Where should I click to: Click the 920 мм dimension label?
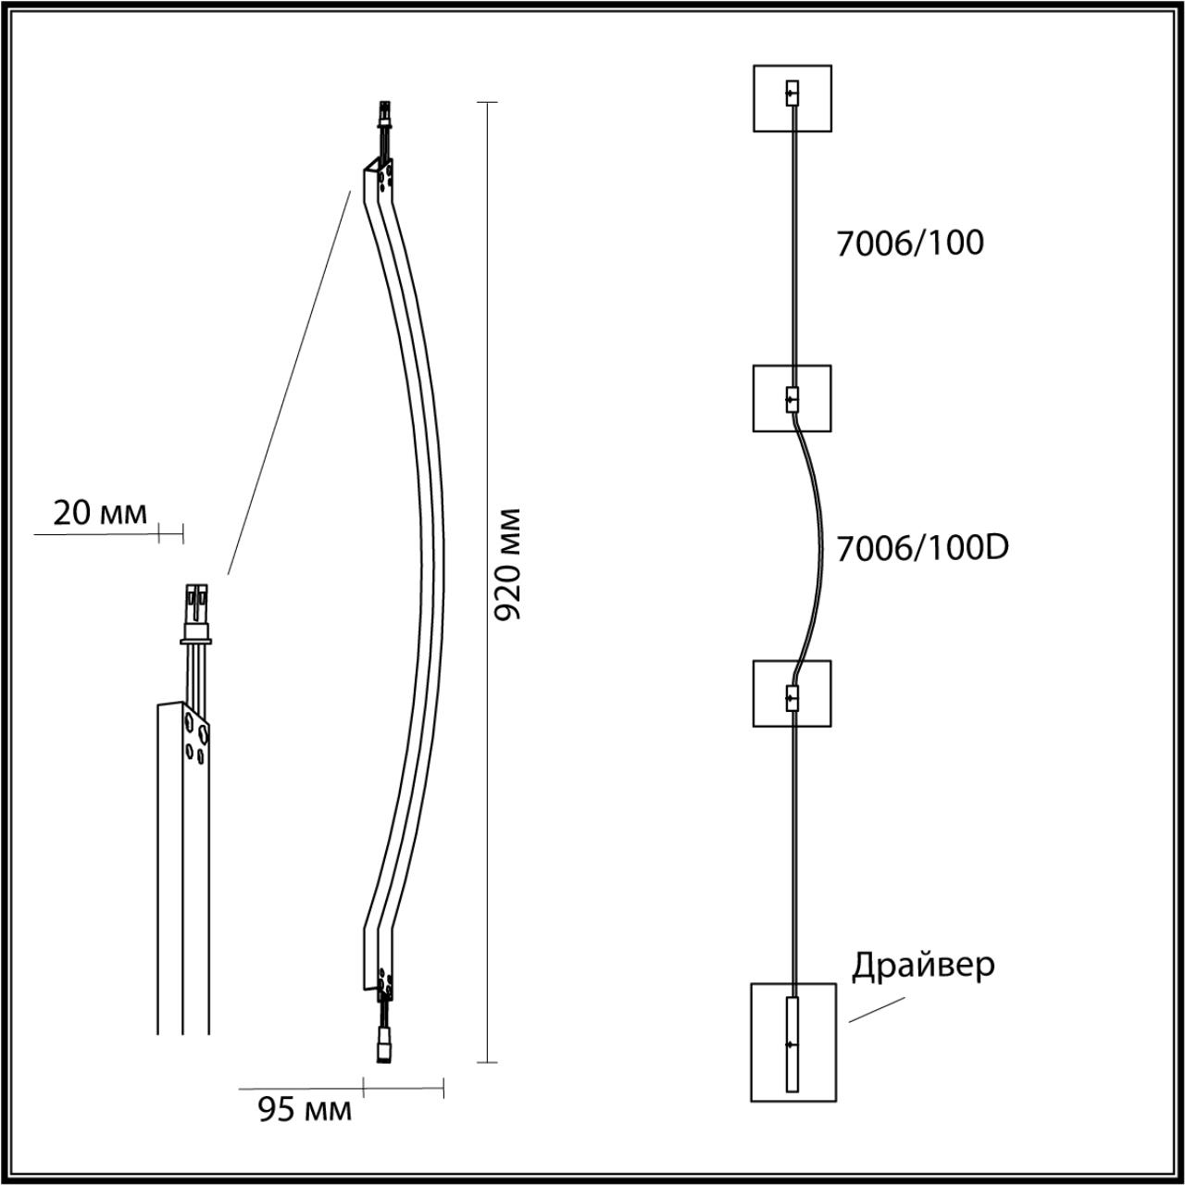point(508,564)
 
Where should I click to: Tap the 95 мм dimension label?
point(304,1109)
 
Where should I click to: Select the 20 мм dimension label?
point(99,513)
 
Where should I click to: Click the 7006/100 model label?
point(909,243)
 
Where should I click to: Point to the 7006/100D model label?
point(922,548)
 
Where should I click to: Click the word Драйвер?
point(923,965)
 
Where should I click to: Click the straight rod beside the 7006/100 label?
point(792,241)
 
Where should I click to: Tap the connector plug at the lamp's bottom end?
point(382,1046)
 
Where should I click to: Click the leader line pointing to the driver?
point(876,1010)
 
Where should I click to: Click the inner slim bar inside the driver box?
point(792,1045)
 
